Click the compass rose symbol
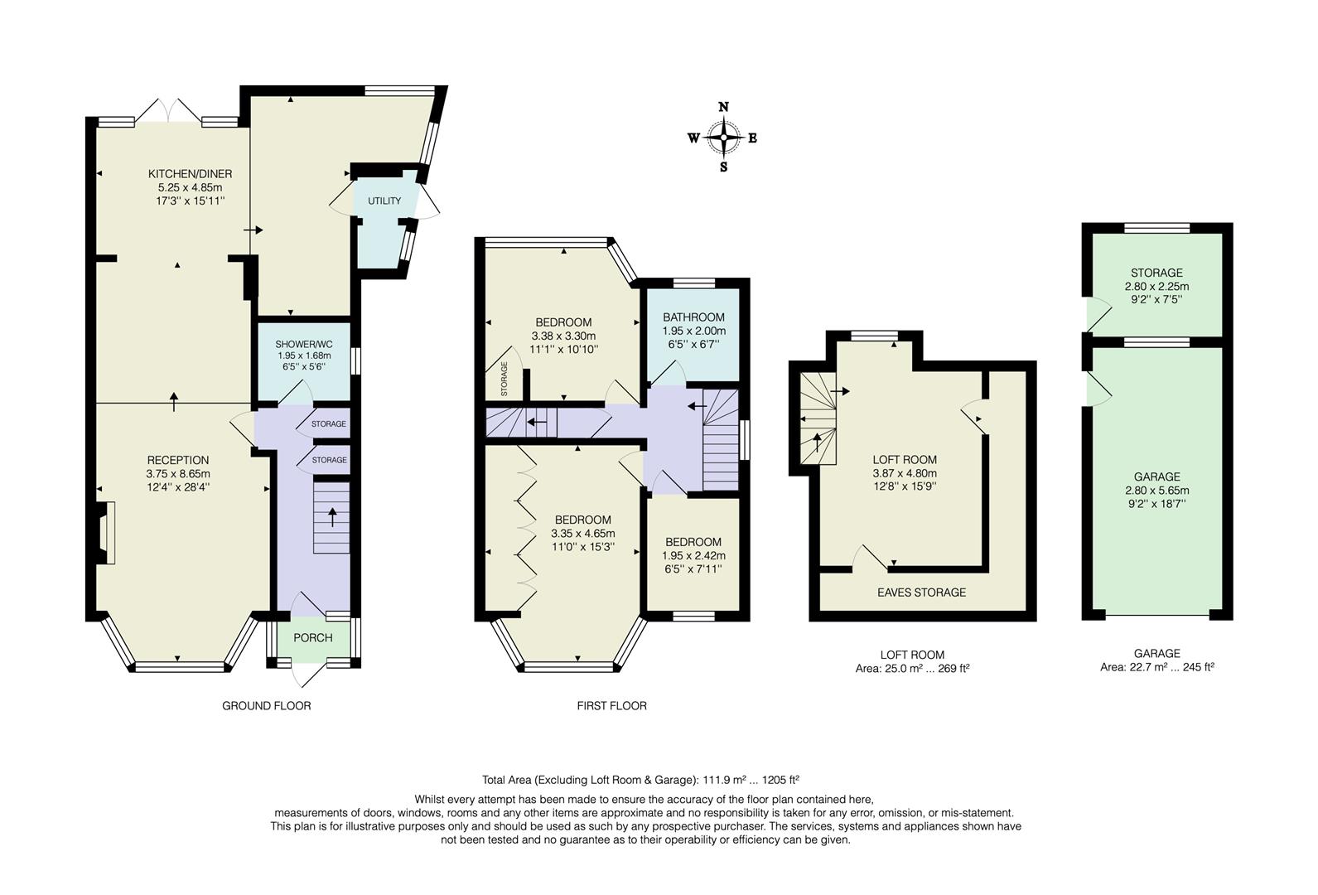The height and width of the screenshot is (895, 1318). [724, 138]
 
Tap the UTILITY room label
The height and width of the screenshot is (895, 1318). [384, 201]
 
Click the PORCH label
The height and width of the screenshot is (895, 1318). [313, 637]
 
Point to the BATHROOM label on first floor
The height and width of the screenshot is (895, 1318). [693, 317]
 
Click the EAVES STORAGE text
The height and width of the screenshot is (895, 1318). [921, 593]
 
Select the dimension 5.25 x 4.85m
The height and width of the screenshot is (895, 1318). [190, 188]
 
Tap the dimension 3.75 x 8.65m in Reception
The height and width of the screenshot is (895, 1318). [178, 474]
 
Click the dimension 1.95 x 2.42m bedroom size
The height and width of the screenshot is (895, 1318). [693, 555]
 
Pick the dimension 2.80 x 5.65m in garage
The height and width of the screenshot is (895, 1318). [1156, 490]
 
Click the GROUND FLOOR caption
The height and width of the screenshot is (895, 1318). [266, 706]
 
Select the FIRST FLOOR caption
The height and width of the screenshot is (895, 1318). [611, 706]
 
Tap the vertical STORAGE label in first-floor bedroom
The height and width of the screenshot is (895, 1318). [505, 378]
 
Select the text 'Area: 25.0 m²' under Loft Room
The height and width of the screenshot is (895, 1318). [885, 668]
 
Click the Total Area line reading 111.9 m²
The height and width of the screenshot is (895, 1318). [640, 780]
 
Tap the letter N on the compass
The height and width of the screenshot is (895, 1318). [723, 107]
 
